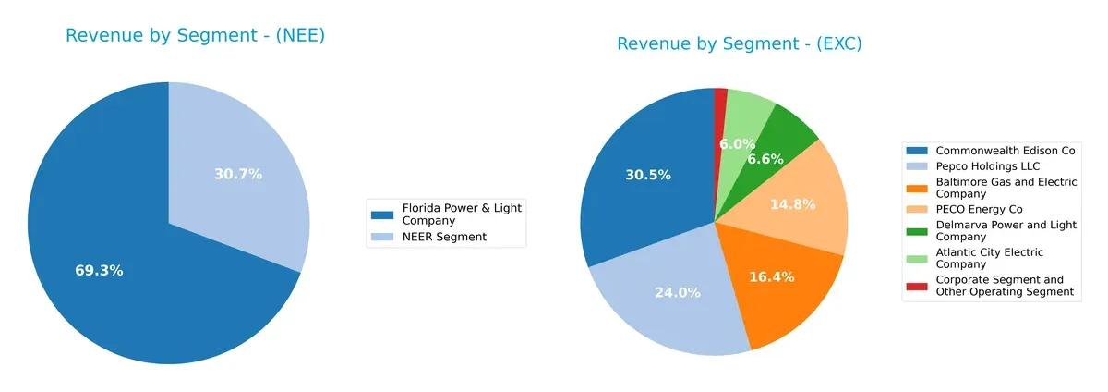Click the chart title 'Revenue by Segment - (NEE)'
click(x=195, y=36)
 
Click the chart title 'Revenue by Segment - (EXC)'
click(x=739, y=43)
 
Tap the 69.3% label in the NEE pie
click(x=99, y=271)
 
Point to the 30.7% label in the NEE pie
click(x=238, y=174)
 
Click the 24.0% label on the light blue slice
click(x=676, y=292)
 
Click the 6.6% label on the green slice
click(x=765, y=159)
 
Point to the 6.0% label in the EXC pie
click(x=738, y=144)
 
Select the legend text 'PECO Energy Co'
click(x=979, y=210)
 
